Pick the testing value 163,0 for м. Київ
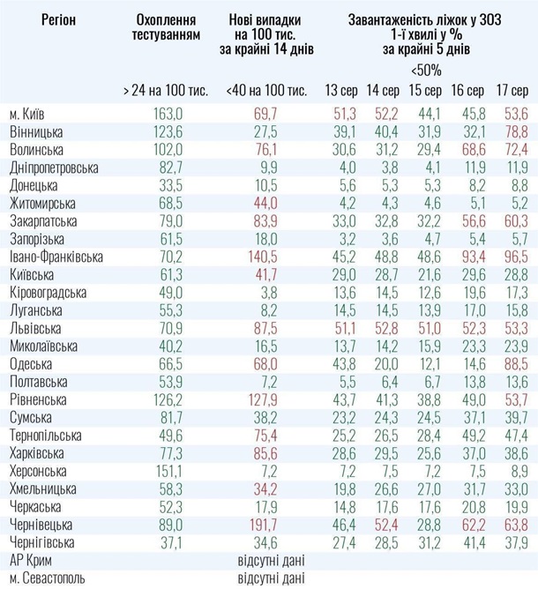[168, 114]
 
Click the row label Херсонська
[38, 471]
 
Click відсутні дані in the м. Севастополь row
[270, 578]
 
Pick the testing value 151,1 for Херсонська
[168, 470]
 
